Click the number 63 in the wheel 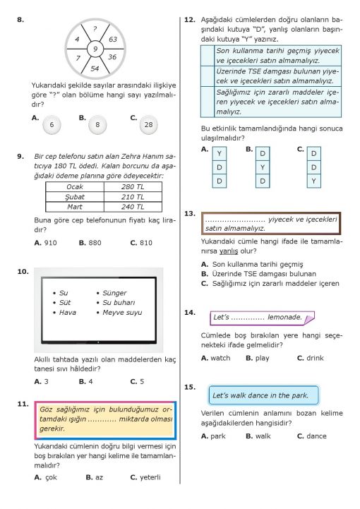click(113, 40)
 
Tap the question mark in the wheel click(95, 29)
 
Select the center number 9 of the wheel click(95, 49)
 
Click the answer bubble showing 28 click(149, 125)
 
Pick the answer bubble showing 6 click(52, 125)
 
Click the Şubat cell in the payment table click(75, 197)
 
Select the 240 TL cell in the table click(133, 207)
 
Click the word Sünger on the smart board click(114, 293)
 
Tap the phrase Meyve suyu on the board click(122, 312)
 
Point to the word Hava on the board click(68, 312)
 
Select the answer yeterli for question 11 click(150, 477)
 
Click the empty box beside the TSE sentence click(208, 76)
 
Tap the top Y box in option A click(220, 153)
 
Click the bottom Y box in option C click(313, 181)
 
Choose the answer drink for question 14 click(316, 358)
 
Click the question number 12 click(190, 20)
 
